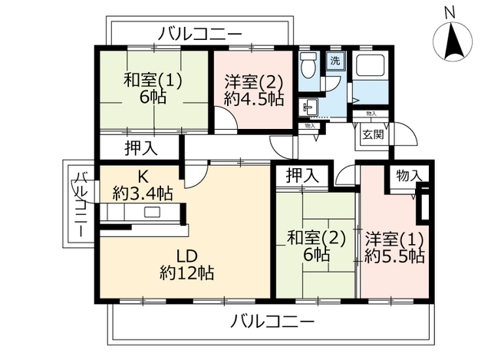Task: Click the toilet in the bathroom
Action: coord(308,65)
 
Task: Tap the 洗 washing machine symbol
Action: coord(335,61)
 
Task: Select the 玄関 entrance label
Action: coord(373,135)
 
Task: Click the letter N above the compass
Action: coord(450,13)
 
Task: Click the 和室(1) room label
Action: coord(153,81)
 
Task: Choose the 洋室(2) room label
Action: coord(254,83)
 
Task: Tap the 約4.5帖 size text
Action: coord(254,100)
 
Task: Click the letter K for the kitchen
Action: coord(143,177)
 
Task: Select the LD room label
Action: coord(186,256)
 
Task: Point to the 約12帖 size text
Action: coord(187,272)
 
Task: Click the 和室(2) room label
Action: coord(317,239)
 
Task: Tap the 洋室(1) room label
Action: coord(394,240)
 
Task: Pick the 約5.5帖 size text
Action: coord(394,256)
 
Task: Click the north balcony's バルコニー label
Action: coord(199,34)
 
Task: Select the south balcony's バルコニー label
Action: coord(272,322)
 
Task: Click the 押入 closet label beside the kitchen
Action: coord(141,148)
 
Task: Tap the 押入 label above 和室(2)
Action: coord(302,176)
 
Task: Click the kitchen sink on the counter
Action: coord(152,212)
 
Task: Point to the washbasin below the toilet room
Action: coord(308,107)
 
